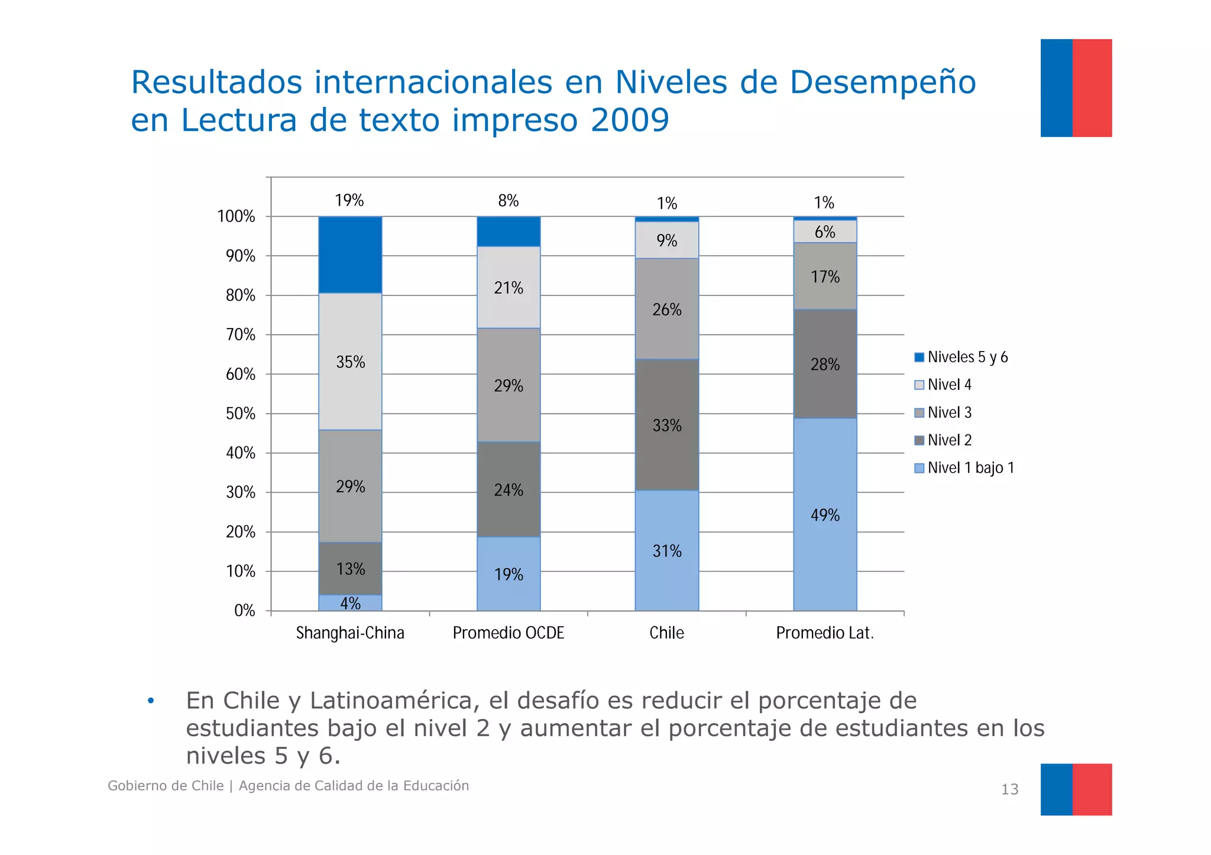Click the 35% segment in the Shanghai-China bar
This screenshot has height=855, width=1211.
(350, 362)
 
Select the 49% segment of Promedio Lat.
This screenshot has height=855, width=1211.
(825, 515)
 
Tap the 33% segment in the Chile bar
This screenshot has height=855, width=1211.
(667, 425)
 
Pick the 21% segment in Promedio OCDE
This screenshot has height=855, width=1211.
(509, 288)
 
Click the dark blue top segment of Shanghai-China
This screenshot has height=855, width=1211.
(350, 255)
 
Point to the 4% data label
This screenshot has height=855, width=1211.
(350, 603)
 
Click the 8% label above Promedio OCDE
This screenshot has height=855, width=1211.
(509, 201)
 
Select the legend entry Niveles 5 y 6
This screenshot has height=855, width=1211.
(967, 357)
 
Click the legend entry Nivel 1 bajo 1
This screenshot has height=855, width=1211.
(970, 468)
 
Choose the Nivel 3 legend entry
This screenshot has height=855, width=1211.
(949, 412)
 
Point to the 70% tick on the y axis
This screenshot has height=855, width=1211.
(241, 335)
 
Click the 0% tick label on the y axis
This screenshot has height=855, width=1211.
(245, 611)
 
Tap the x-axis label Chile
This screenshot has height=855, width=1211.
(666, 633)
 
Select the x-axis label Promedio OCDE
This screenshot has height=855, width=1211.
(509, 633)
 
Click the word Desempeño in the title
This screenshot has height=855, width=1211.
(882, 82)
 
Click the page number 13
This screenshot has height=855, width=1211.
(1009, 789)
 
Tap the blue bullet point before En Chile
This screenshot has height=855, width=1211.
(151, 701)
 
